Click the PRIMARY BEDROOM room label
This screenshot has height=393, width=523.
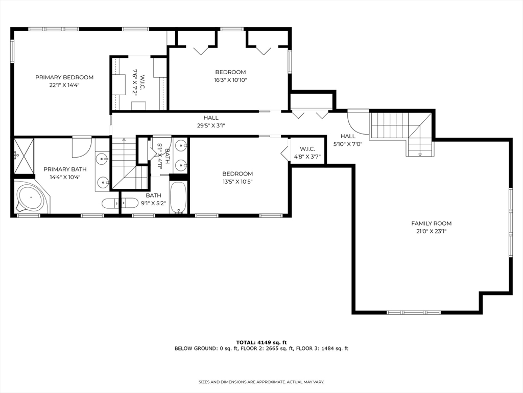64,77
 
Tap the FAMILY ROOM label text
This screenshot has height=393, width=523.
432,223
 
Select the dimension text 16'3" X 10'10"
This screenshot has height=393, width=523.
230,80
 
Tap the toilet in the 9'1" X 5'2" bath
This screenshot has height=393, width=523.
112,203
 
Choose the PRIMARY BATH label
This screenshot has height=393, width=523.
65,169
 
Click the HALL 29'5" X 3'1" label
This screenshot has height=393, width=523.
211,121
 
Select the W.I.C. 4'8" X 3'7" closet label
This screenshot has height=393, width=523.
307,152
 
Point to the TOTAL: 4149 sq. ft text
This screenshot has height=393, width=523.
261,342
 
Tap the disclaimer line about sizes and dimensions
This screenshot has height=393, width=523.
261,382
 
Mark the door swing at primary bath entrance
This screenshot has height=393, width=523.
81,146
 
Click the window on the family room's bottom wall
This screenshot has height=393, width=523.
413,312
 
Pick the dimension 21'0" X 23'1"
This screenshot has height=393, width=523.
432,231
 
